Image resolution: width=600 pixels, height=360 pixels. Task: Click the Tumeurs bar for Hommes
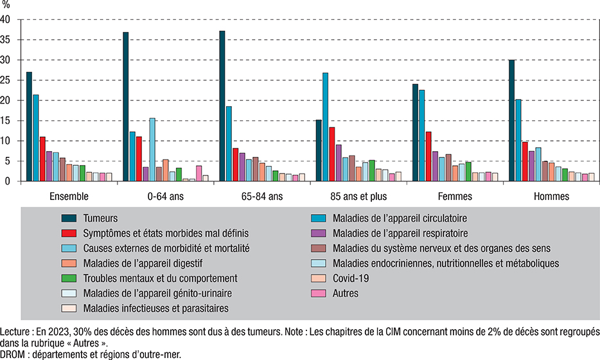511,121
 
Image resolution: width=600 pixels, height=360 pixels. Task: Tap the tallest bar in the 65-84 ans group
222,106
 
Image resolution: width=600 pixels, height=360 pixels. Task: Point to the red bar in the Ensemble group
42,159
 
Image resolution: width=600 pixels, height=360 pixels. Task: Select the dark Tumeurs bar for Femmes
415,133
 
